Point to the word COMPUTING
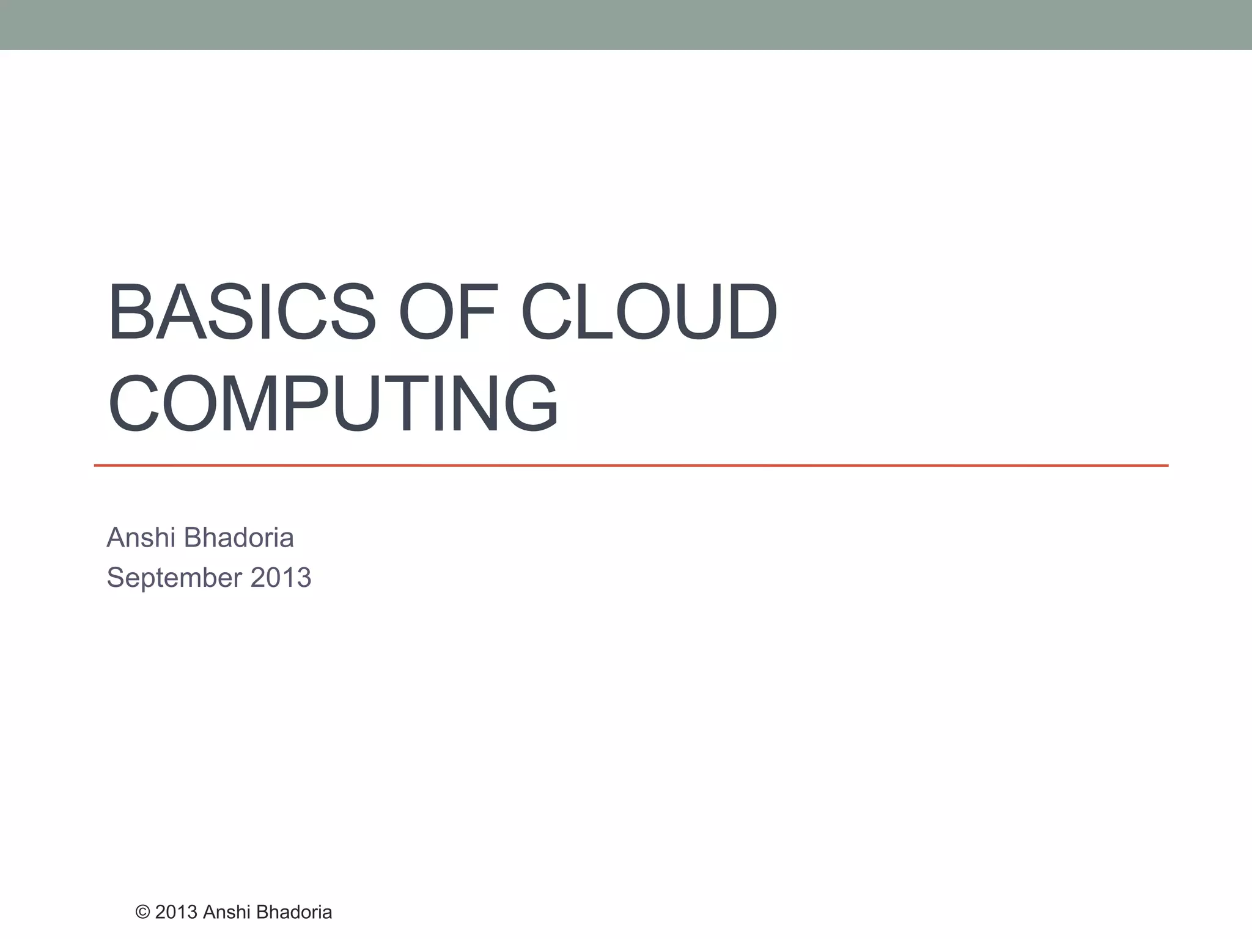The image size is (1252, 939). pos(333,404)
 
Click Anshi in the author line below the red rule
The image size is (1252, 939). pos(141,538)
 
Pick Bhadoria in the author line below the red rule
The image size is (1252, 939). pos(239,538)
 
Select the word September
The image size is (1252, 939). pos(174,578)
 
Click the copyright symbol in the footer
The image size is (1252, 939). pos(142,912)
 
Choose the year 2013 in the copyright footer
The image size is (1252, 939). pos(176,912)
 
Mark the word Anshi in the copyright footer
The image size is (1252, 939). pos(227,912)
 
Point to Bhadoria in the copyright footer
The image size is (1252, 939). pos(294,912)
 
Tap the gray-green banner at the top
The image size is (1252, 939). pos(626,24)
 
